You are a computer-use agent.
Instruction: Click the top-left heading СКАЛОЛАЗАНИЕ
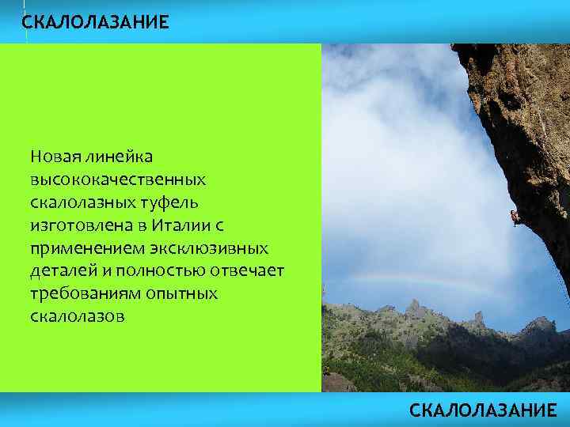(95, 22)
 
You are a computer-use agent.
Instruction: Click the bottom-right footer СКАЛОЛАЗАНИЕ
(483, 410)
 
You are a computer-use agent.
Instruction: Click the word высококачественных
(119, 180)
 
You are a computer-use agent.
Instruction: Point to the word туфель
(175, 203)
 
